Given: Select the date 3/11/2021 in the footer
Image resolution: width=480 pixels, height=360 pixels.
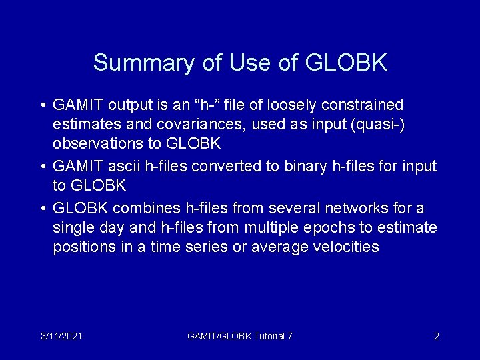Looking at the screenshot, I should [x=61, y=336].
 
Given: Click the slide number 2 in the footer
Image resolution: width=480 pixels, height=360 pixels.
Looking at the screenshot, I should [x=437, y=336].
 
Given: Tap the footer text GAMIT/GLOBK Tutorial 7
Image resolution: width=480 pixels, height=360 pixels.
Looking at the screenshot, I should [x=240, y=336].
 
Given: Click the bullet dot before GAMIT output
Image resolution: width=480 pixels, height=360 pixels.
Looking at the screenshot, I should [x=42, y=105].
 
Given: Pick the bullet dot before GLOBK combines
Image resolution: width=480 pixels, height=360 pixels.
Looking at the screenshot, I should [x=42, y=209].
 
